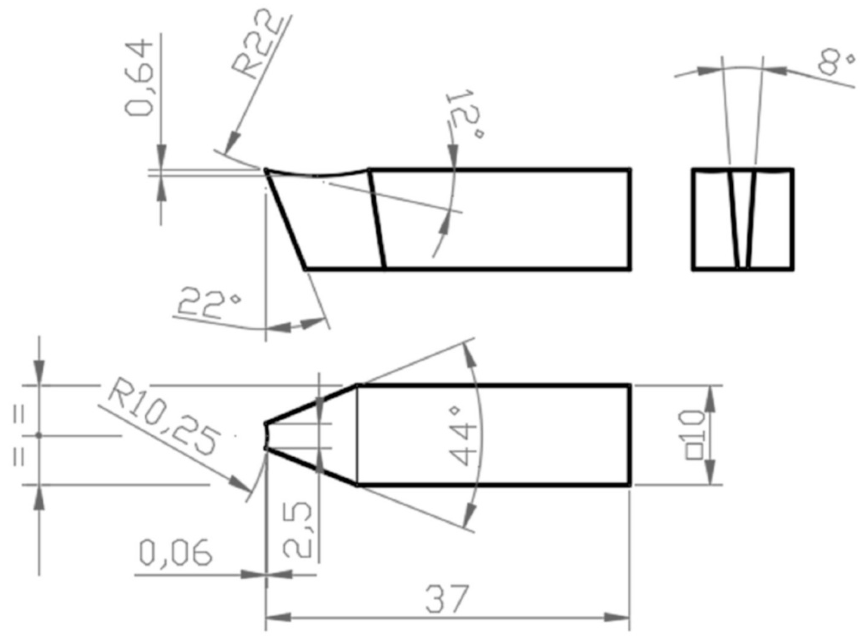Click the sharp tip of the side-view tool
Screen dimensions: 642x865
(266, 170)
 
